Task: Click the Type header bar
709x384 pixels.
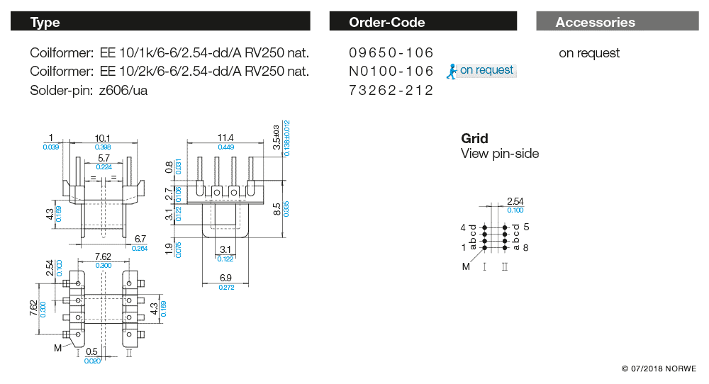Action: point(160,22)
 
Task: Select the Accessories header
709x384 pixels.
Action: point(596,22)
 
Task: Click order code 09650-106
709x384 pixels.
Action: point(391,53)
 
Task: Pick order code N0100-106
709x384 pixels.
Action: point(391,71)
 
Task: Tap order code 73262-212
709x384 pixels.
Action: point(391,91)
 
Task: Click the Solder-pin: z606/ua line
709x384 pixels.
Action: point(89,91)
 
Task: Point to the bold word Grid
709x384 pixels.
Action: point(474,138)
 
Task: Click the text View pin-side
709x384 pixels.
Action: point(500,154)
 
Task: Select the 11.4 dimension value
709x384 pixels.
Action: point(225,137)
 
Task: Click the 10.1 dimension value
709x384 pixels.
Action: point(102,138)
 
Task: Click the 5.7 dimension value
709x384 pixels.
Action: point(104,159)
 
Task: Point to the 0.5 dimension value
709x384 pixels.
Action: point(91,352)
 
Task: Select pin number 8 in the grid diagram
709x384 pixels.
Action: point(526,247)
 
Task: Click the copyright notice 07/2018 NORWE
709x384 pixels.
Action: point(659,369)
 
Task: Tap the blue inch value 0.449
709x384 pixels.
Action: point(225,147)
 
